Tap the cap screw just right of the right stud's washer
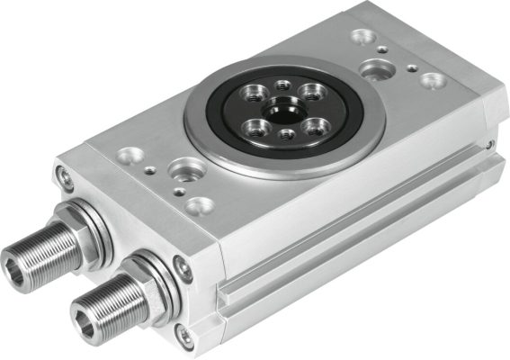[183, 265]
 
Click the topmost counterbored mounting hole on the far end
[364, 37]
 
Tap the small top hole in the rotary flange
[283, 85]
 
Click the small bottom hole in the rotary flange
[285, 134]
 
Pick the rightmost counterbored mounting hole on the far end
[434, 80]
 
